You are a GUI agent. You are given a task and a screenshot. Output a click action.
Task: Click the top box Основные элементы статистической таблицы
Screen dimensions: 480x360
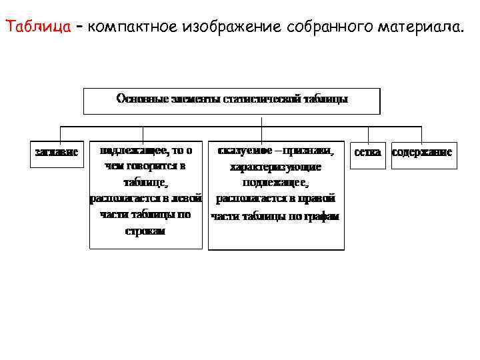(231, 100)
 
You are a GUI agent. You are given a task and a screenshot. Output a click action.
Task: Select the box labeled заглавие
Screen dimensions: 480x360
(56, 152)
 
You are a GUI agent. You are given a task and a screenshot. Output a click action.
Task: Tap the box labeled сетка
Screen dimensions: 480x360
(368, 152)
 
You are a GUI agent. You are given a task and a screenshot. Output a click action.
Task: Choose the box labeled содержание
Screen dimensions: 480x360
(422, 152)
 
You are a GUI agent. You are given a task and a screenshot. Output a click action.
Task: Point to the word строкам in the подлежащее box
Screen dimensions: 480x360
(145, 231)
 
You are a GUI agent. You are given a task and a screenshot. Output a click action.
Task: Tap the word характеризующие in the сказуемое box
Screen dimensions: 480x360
(275, 167)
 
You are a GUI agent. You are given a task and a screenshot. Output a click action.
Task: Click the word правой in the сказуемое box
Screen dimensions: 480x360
(319, 199)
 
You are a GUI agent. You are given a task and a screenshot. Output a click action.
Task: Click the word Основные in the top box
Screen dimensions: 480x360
(138, 99)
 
